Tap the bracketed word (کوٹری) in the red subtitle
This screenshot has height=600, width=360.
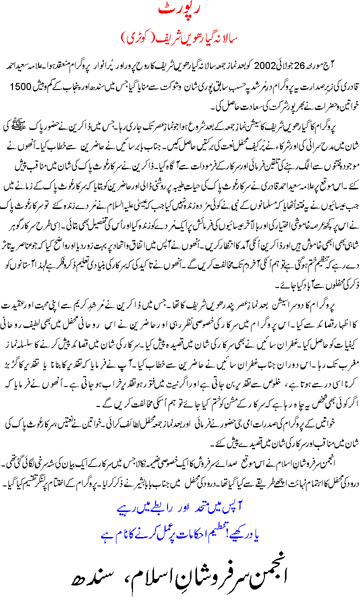tap(134, 38)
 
